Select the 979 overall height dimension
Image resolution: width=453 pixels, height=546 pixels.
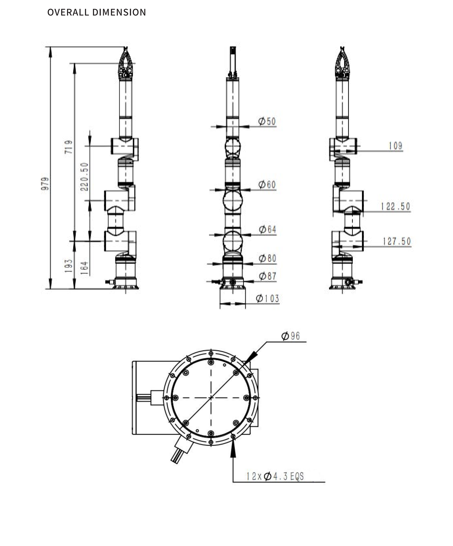pos(45,184)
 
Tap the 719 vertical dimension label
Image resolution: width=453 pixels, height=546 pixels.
pos(69,147)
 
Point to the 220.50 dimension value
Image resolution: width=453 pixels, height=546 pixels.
pos(84,177)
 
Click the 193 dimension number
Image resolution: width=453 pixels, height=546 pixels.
pos(68,266)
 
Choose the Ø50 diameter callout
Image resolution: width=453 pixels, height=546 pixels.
pos(267,121)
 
